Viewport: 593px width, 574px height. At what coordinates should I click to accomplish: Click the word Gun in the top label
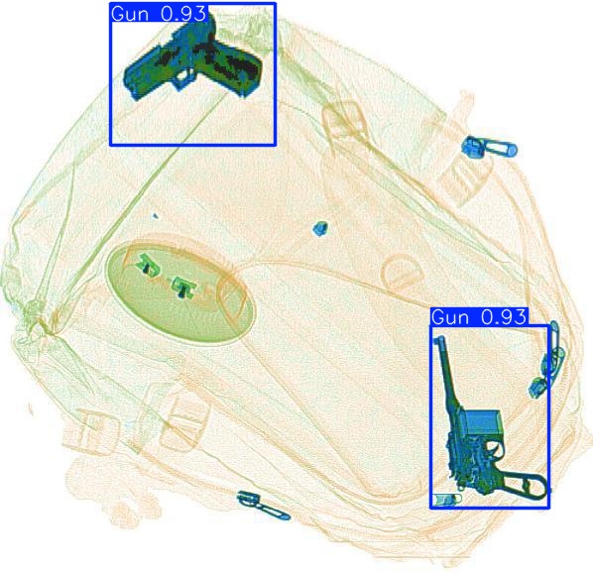(x=130, y=14)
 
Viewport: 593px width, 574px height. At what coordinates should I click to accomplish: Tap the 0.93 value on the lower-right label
(x=504, y=317)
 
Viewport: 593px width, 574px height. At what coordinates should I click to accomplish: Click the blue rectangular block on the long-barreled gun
(x=482, y=422)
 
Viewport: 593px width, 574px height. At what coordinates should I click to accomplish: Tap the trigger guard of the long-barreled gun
(x=493, y=449)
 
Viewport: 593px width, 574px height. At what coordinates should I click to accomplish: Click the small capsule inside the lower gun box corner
(x=447, y=499)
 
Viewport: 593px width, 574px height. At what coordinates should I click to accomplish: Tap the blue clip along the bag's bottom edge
(x=263, y=505)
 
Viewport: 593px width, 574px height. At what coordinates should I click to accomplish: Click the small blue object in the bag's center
(x=320, y=229)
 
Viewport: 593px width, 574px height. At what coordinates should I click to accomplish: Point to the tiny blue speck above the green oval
(x=155, y=217)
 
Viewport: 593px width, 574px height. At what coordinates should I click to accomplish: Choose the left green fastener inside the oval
(x=149, y=265)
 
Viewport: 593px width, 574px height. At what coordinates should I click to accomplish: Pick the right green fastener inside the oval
(x=183, y=288)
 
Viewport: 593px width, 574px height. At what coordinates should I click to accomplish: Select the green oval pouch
(x=180, y=290)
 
